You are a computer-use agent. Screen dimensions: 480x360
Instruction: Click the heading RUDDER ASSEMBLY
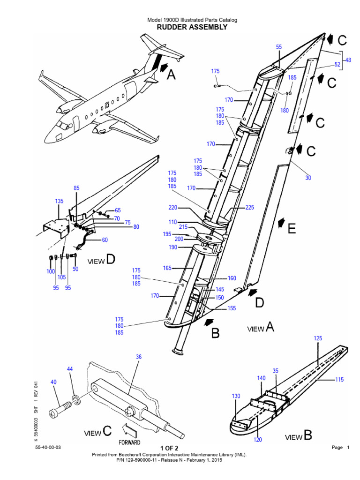click(x=192, y=27)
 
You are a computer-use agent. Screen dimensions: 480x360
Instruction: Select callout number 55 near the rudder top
click(x=279, y=47)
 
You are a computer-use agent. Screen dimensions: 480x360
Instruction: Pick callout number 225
click(x=249, y=207)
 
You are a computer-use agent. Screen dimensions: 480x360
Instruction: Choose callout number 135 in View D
click(x=59, y=202)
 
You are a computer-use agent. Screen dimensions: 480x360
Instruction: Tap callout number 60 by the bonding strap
click(x=105, y=240)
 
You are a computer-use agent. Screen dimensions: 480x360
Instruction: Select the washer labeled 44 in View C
click(x=75, y=400)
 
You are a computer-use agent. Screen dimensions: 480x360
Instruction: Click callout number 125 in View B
click(x=318, y=338)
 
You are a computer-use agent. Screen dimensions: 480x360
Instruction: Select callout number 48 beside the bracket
click(x=348, y=60)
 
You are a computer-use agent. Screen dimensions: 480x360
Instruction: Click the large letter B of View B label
click(x=307, y=435)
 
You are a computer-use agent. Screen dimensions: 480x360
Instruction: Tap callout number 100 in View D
click(x=50, y=271)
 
